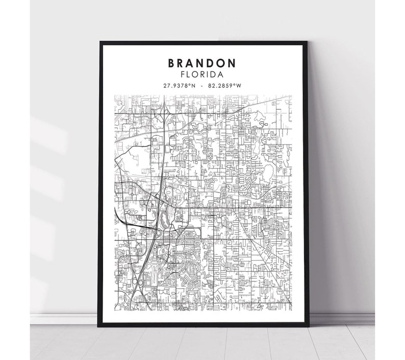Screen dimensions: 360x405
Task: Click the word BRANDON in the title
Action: pyautogui.click(x=202, y=63)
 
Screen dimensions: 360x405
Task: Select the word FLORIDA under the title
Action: pyautogui.click(x=202, y=75)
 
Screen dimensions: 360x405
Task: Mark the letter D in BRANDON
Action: pyautogui.click(x=212, y=63)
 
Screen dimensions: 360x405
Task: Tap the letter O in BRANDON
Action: pyautogui.click(x=222, y=63)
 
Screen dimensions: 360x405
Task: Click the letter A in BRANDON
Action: pyautogui.click(x=191, y=63)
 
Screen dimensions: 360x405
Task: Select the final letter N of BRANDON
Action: pyautogui.click(x=233, y=63)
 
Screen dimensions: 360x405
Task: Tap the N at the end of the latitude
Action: pyautogui.click(x=194, y=86)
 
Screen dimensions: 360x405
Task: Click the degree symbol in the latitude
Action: pyautogui.click(x=190, y=85)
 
